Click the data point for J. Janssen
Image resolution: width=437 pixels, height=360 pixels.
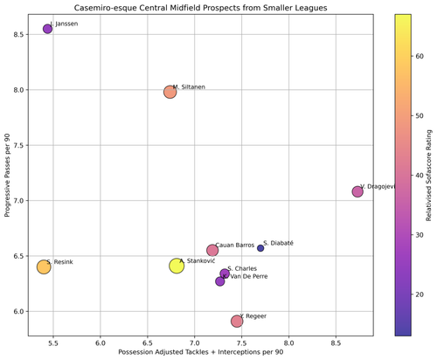48,29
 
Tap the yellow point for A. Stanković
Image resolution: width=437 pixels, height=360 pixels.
177,266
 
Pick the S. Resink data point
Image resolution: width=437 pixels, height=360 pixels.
44,267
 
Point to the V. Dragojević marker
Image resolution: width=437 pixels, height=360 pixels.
357,191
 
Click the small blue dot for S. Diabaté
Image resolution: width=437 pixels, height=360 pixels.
260,248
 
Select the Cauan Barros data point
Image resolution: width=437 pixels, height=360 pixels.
212,251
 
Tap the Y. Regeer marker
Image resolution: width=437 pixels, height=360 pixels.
237,322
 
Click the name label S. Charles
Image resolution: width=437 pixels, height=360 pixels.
242,269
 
